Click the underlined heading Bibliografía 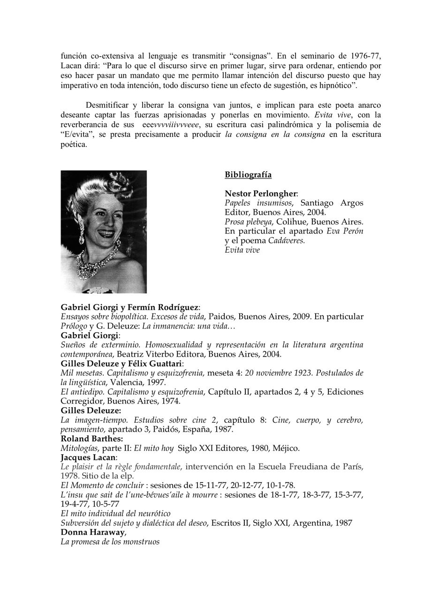point(248,175)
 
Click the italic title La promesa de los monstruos point(110,541)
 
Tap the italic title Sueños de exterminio point(100,345)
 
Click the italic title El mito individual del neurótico point(115,513)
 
